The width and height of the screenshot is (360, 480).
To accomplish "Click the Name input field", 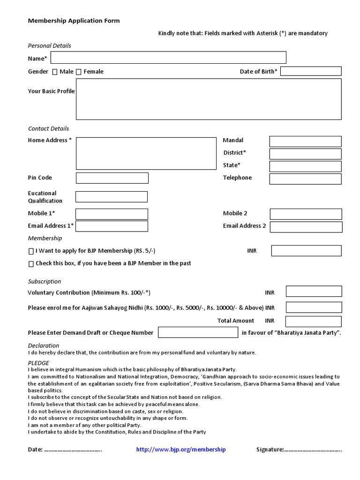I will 168,58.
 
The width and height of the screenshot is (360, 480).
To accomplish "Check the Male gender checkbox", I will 55,72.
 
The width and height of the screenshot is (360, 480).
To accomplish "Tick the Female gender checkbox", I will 79,72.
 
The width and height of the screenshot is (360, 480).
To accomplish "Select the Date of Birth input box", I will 311,71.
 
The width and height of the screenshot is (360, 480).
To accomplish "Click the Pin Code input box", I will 112,178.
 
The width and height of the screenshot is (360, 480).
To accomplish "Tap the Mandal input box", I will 305,142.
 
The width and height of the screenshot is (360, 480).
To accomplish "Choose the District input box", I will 305,154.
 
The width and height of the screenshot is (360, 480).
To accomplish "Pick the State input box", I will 305,166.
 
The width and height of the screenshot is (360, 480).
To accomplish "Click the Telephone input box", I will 305,179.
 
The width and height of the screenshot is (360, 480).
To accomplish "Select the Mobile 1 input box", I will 112,214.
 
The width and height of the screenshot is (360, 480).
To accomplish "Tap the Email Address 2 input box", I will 306,227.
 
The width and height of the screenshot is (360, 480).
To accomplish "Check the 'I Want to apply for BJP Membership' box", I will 31,251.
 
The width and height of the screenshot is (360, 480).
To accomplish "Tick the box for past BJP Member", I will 31,264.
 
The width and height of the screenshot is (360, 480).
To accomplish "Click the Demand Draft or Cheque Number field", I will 198,332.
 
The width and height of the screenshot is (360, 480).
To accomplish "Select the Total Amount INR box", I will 314,322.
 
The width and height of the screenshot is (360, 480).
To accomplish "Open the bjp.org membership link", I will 181,450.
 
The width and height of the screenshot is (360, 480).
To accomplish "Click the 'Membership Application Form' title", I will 74,21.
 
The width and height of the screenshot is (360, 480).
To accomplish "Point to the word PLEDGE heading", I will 38,363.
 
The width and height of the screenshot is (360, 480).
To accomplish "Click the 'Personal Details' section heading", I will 50,46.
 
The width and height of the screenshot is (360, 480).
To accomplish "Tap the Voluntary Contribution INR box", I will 314,292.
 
